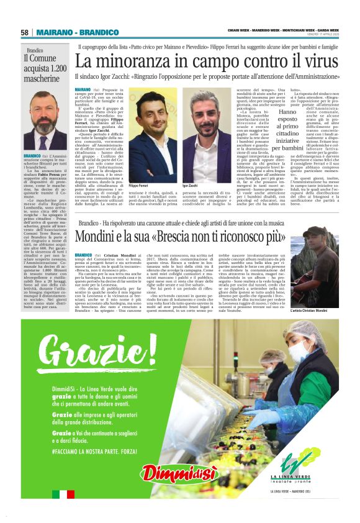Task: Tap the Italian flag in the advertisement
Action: [63, 494]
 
